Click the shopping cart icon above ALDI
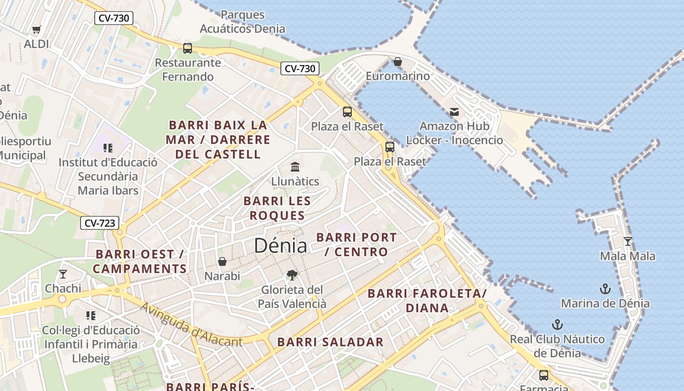[36, 30]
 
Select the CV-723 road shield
[100, 223]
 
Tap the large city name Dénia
[280, 245]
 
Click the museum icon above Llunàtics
[295, 167]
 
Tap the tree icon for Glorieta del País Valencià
[292, 275]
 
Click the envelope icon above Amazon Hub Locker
[454, 112]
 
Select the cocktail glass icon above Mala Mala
[628, 241]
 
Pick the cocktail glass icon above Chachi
[63, 274]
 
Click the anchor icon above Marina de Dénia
[605, 289]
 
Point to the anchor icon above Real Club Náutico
[557, 325]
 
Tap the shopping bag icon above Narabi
[222, 261]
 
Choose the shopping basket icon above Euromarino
[398, 62]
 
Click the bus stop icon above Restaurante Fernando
[188, 48]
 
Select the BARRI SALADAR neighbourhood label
[330, 342]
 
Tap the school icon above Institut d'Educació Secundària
[108, 148]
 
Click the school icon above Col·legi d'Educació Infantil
[91, 316]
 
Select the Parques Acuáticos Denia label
[243, 22]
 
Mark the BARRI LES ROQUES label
[277, 208]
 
